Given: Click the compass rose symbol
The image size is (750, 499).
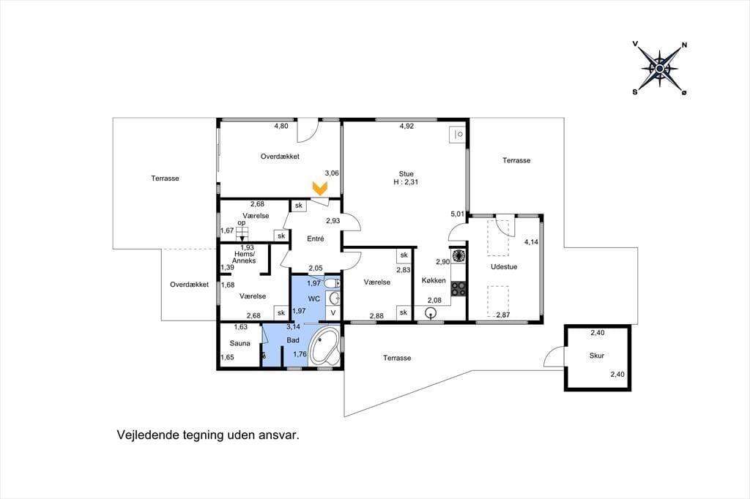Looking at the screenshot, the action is (660, 69).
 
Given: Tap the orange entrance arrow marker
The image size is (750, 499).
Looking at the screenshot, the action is (319, 188).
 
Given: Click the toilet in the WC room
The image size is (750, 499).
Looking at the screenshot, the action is (332, 283).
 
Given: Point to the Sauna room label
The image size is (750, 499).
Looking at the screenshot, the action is (240, 343).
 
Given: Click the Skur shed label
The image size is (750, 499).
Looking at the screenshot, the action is (596, 356).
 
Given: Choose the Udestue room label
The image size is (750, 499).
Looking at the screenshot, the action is (504, 267).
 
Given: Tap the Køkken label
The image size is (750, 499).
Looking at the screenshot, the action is (434, 280).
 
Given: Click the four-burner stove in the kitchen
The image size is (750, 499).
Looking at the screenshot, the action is (458, 289).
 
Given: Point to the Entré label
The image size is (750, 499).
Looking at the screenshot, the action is (315, 239).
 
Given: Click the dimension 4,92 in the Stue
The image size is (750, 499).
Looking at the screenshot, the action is (406, 126).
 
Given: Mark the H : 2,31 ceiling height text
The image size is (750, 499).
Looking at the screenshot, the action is (406, 182).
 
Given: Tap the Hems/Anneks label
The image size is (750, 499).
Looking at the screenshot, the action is (245, 257).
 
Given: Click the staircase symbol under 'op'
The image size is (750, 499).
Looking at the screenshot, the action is (242, 233).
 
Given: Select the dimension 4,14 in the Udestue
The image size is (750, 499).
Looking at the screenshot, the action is (531, 242).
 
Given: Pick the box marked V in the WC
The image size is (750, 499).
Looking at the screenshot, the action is (333, 312).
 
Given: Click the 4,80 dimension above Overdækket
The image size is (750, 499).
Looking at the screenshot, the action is (281, 126).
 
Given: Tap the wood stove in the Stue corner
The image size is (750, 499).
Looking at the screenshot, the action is (458, 135).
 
